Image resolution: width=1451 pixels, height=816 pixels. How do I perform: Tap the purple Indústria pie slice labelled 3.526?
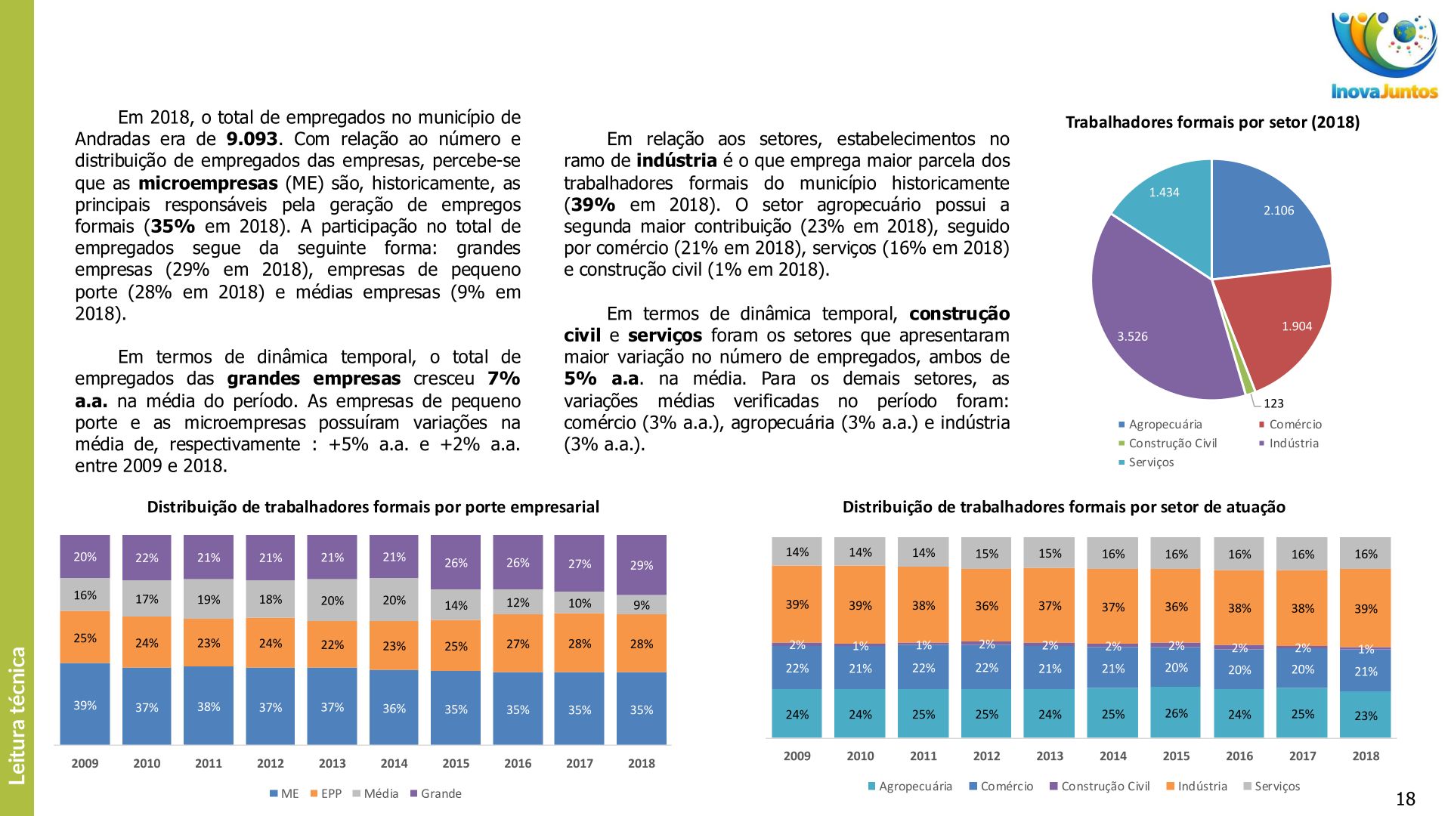point(1156,317)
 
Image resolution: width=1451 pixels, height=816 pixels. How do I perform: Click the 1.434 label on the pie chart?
point(1164,193)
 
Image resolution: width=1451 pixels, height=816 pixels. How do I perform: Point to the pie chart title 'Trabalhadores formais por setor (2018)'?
point(1212,122)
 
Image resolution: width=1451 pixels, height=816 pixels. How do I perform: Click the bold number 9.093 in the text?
point(252,139)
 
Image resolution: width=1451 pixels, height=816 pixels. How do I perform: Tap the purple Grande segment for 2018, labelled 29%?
point(642,564)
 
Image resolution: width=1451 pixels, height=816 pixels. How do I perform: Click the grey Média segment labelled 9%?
point(642,604)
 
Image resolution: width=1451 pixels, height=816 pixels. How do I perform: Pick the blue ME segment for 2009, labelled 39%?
point(85,704)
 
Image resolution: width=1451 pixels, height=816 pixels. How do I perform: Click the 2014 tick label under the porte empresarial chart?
point(394,763)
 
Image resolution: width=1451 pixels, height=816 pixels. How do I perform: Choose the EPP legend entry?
point(326,793)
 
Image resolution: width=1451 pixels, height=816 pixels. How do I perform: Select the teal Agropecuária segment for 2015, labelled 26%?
point(1176,712)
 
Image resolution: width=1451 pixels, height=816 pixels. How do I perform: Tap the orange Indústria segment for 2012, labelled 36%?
point(986,605)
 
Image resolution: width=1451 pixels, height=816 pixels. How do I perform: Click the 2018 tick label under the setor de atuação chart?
point(1366,756)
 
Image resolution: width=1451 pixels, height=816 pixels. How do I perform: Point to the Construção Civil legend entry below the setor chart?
point(1100,786)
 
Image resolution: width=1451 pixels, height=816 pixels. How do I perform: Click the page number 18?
point(1406,799)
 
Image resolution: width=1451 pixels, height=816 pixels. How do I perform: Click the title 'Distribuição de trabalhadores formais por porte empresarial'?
point(373,507)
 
